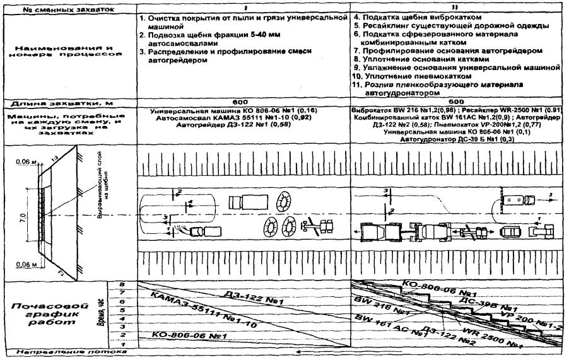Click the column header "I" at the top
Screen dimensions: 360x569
pyautogui.click(x=243, y=4)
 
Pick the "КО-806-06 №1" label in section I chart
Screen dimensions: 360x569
pyautogui.click(x=183, y=335)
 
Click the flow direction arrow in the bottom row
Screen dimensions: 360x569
pyautogui.click(x=296, y=354)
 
